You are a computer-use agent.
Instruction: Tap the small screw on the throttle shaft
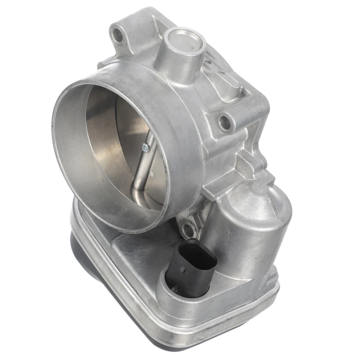145,149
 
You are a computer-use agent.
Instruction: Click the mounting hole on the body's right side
225,122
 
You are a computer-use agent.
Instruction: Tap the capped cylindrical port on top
184,44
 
